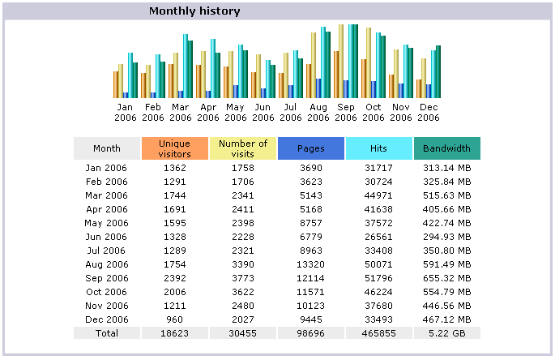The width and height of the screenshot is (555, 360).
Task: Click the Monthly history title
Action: [194, 12]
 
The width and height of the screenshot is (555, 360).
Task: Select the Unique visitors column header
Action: [175, 148]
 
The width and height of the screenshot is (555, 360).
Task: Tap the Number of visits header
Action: [243, 148]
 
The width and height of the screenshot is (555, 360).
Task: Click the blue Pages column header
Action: [311, 148]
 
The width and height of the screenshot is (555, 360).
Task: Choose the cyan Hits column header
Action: [378, 148]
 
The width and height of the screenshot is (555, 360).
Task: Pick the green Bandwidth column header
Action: [446, 148]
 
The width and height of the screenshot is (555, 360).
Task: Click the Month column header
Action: [107, 148]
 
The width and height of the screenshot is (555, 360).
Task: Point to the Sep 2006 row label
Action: [107, 277]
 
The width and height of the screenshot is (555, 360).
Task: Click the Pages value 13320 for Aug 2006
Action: [311, 264]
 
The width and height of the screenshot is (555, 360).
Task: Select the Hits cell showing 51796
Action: [378, 277]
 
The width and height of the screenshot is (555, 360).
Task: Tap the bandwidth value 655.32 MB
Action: [446, 277]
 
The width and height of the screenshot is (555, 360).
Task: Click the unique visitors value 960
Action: [175, 319]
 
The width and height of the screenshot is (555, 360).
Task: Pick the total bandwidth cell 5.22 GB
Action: [446, 333]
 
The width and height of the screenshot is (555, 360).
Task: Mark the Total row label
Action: [107, 333]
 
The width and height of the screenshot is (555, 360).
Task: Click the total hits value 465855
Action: [378, 333]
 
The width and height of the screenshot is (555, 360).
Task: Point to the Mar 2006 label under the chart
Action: [181, 112]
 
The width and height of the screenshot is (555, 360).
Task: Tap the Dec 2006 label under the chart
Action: [428, 112]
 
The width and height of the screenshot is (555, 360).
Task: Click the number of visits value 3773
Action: [243, 277]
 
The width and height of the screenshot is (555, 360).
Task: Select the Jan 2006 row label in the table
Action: [107, 167]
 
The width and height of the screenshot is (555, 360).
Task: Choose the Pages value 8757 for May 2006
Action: [311, 222]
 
